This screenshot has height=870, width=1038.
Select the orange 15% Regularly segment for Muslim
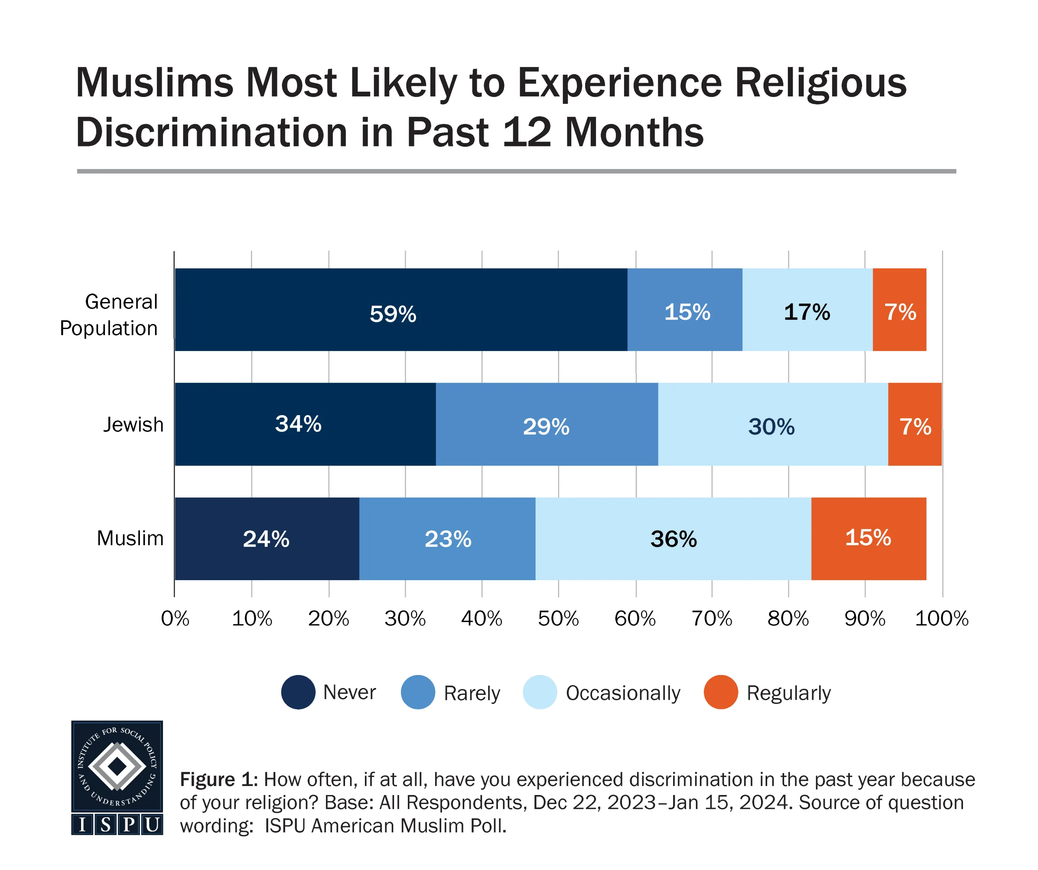point(869,538)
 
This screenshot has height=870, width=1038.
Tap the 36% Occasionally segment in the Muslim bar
point(673,538)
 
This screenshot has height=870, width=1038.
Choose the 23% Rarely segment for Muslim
point(447,538)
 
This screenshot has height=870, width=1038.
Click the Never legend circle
point(298,692)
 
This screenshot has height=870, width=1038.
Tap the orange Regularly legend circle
point(721,692)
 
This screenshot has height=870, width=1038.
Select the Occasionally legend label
point(623,693)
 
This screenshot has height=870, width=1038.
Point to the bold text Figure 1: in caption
point(219,780)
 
